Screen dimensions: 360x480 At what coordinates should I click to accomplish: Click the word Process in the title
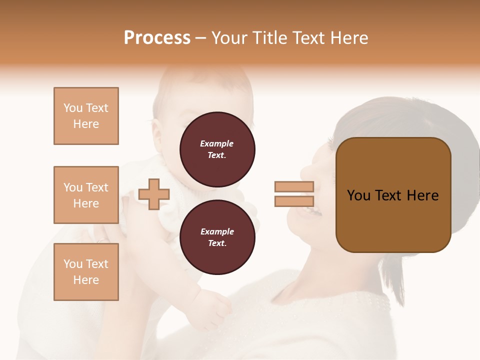(157, 38)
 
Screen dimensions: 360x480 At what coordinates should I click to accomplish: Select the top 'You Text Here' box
(86, 116)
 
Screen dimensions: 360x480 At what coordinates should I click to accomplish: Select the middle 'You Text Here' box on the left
(86, 195)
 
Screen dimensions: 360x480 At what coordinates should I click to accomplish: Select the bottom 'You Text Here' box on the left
(86, 272)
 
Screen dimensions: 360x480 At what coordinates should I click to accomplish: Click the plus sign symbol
(154, 194)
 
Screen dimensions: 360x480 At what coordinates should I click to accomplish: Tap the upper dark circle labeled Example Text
(217, 149)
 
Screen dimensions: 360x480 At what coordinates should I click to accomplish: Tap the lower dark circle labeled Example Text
(217, 237)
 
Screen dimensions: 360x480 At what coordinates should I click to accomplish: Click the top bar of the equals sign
(294, 186)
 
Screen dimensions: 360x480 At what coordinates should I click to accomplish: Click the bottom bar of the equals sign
(294, 201)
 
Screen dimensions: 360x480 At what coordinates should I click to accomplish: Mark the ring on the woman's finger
(102, 240)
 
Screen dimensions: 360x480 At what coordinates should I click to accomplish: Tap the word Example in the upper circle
(216, 143)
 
